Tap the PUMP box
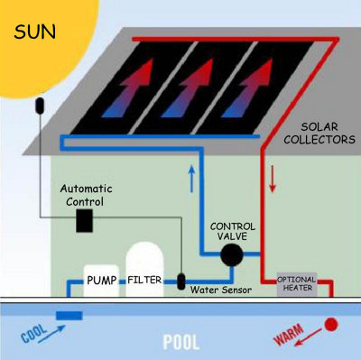102,280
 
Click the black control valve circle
234,255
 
